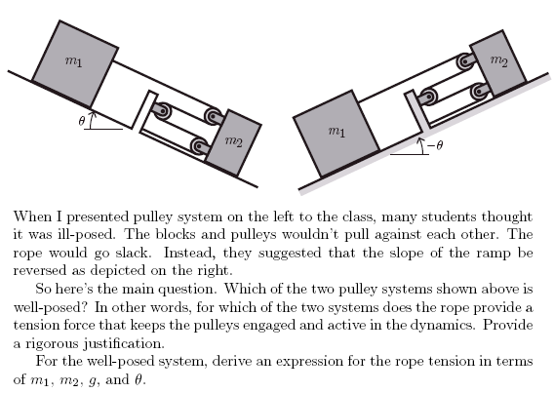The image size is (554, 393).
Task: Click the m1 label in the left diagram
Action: (73, 61)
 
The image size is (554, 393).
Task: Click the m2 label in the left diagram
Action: (233, 141)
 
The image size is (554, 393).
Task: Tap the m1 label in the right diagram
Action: (336, 132)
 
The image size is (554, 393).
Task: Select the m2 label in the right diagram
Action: (498, 61)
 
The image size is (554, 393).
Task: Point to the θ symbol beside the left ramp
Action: (82, 121)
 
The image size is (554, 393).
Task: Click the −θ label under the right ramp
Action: (435, 145)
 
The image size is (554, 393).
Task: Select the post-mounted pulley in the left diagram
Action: (163, 111)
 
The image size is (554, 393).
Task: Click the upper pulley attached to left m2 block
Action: (214, 116)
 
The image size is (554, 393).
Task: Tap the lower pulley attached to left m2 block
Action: (199, 146)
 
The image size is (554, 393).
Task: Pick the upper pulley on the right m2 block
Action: (465, 61)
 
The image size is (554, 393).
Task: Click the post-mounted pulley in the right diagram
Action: (428, 96)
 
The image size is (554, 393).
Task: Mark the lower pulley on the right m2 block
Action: (480, 92)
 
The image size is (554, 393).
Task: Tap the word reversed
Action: (40, 271)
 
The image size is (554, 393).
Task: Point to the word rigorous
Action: (53, 343)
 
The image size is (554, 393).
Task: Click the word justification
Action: (124, 343)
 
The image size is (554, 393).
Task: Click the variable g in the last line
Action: (93, 381)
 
